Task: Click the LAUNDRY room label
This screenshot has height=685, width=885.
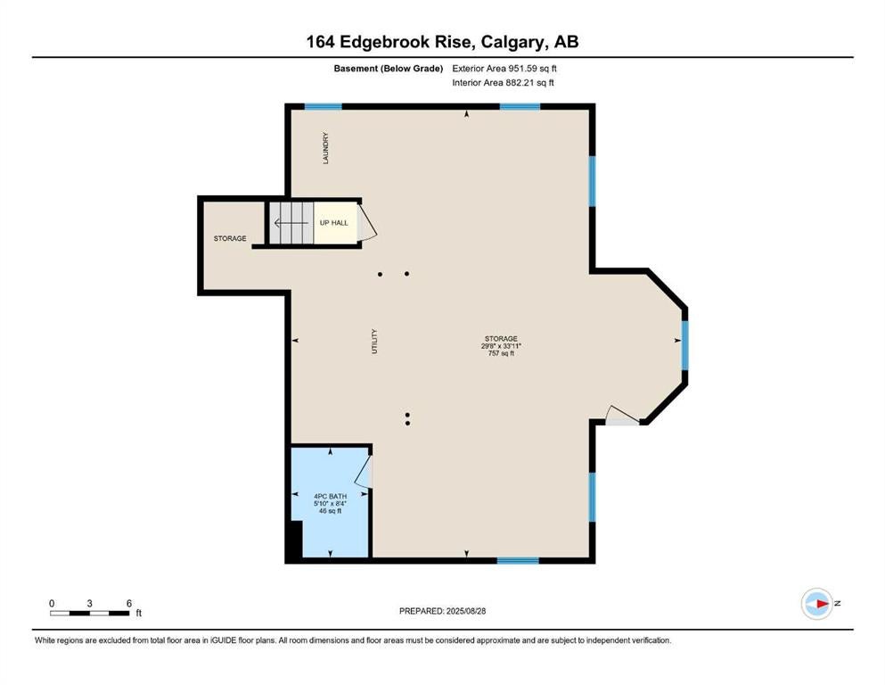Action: [x=325, y=148]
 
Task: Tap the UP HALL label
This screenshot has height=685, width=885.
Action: [x=333, y=222]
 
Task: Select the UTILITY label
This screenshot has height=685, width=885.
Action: [x=373, y=341]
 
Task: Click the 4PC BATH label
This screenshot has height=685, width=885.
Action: [x=330, y=497]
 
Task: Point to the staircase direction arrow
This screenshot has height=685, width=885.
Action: [x=291, y=222]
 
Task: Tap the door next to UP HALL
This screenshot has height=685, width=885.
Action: [x=367, y=222]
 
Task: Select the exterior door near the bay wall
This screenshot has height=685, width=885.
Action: [x=622, y=415]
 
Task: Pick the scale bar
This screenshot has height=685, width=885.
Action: [x=90, y=613]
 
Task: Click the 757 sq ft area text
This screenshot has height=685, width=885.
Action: [x=501, y=353]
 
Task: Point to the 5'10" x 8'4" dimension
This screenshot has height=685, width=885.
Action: [x=330, y=503]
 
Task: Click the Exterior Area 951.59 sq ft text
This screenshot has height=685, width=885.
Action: [x=504, y=69]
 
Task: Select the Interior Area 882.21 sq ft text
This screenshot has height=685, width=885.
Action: [x=503, y=82]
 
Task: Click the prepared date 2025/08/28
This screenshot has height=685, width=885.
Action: [x=465, y=611]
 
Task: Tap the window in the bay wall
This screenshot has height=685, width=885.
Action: [x=684, y=345]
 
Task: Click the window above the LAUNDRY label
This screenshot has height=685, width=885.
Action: [x=323, y=106]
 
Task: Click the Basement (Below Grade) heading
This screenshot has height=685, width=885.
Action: [x=389, y=69]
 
